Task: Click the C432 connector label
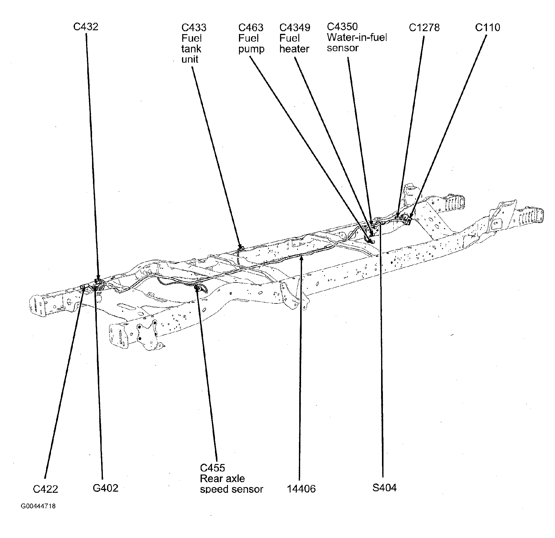[x=86, y=27]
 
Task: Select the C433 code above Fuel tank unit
[x=194, y=28]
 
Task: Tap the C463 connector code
[x=251, y=28]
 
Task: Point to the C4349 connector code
[x=295, y=28]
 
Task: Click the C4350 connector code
[x=342, y=27]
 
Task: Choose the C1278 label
[x=424, y=28]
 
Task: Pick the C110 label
[x=488, y=28]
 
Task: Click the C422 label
[x=45, y=489]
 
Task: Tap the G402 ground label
[x=106, y=488]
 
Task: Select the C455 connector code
[x=212, y=468]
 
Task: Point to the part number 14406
[x=301, y=489]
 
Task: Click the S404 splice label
[x=384, y=488]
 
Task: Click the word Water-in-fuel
[x=357, y=38]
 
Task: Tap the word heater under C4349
[x=294, y=49]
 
